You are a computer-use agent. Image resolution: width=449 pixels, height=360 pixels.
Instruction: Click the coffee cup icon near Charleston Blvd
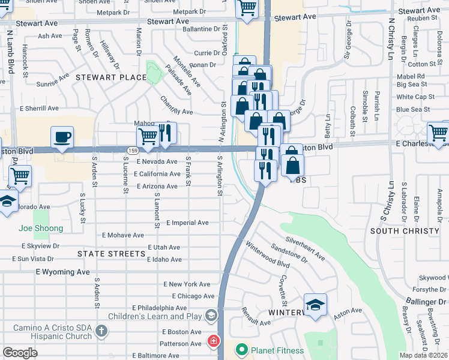click(x=62, y=137)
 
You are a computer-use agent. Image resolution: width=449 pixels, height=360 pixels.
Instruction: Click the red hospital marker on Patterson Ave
click(x=213, y=342)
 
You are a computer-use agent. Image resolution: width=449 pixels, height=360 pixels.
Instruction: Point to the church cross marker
click(x=101, y=330)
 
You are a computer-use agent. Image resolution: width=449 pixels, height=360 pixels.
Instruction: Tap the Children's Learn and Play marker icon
click(x=211, y=315)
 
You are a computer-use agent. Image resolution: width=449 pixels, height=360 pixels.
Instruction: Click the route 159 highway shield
click(x=132, y=149)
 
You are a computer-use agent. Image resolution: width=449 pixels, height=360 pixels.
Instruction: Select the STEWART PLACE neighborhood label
click(x=111, y=77)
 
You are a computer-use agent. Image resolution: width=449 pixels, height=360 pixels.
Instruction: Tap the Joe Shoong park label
click(x=41, y=229)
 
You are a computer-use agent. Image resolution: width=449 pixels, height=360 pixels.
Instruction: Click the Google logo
click(x=20, y=353)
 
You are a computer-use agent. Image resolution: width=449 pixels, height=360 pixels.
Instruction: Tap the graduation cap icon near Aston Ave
click(x=315, y=305)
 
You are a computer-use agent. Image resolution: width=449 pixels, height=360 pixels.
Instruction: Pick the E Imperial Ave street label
click(x=187, y=223)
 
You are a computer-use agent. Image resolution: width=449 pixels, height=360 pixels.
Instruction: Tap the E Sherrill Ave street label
click(x=39, y=109)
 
